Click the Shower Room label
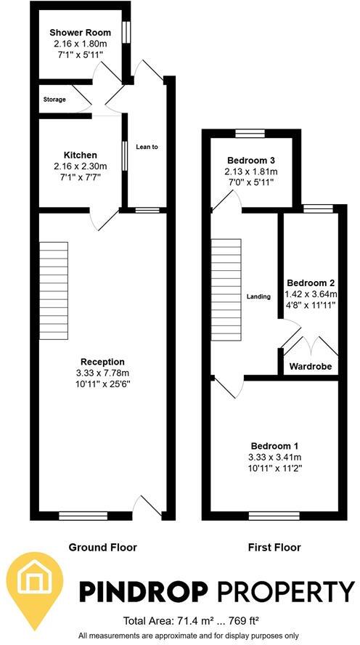tap(80, 33)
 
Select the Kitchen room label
tap(80, 155)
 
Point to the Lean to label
tap(147, 147)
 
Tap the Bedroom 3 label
tap(250, 160)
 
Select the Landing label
tap(258, 296)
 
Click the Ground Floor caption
tap(102, 547)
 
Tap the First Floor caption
tap(275, 547)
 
